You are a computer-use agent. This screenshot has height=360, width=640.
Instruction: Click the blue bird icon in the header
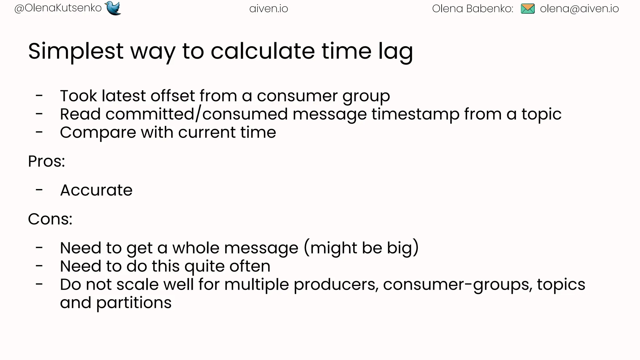pyautogui.click(x=113, y=8)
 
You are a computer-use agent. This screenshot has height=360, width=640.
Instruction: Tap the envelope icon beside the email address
pyautogui.click(x=528, y=9)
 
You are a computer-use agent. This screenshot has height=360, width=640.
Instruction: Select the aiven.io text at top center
pyautogui.click(x=269, y=9)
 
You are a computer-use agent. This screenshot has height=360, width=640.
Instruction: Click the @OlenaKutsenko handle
pyautogui.click(x=58, y=8)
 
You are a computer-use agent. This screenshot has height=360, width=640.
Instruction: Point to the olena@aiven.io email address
pyautogui.click(x=579, y=9)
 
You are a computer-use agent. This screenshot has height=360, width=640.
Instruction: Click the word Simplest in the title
pyautogui.click(x=76, y=51)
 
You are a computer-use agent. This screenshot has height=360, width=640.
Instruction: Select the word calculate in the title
pyautogui.click(x=263, y=51)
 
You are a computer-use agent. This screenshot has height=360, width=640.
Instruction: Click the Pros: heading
pyautogui.click(x=47, y=162)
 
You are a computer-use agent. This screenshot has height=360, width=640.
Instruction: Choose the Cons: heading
pyautogui.click(x=50, y=219)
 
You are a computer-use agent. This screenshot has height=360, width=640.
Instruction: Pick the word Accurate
pyautogui.click(x=96, y=190)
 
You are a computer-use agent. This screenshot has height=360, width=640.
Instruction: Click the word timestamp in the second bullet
pyautogui.click(x=415, y=114)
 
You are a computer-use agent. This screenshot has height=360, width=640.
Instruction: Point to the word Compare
pyautogui.click(x=98, y=133)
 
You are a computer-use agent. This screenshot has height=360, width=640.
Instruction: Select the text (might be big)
pyautogui.click(x=361, y=248)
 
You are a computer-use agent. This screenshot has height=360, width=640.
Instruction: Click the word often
pyautogui.click(x=250, y=266)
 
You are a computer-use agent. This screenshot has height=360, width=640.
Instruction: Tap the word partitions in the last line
pyautogui.click(x=134, y=303)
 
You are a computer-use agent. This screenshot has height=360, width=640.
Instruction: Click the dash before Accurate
pyautogui.click(x=39, y=190)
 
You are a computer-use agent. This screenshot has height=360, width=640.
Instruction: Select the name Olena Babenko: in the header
pyautogui.click(x=472, y=9)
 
